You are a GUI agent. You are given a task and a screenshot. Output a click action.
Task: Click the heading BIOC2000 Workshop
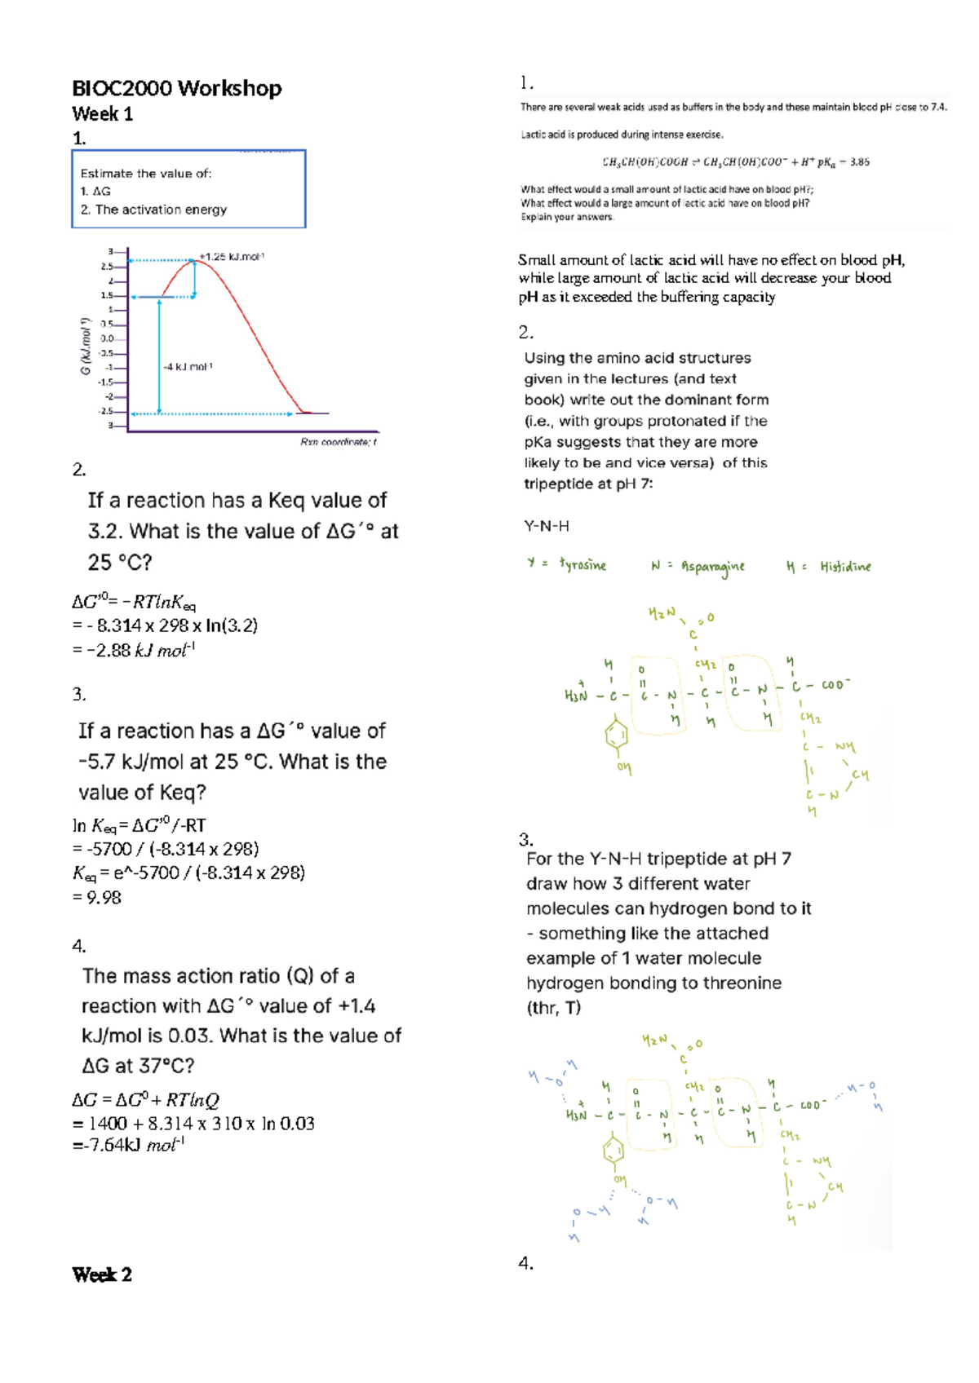pyautogui.click(x=176, y=88)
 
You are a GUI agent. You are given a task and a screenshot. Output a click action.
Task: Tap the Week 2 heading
pyautogui.click(x=101, y=1275)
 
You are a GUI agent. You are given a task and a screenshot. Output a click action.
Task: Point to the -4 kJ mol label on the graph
pyautogui.click(x=188, y=367)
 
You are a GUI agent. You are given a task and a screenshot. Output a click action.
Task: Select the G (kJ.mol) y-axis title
pyautogui.click(x=85, y=346)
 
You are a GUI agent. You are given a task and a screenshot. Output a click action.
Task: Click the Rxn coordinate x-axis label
pyautogui.click(x=338, y=442)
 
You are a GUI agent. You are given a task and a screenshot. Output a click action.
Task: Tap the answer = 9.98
pyautogui.click(x=97, y=897)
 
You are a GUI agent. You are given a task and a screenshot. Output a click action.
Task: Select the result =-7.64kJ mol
pyautogui.click(x=128, y=1145)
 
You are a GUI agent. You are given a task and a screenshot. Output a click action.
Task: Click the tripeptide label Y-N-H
pyautogui.click(x=546, y=526)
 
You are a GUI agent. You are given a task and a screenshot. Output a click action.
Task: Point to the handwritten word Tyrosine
pyautogui.click(x=583, y=565)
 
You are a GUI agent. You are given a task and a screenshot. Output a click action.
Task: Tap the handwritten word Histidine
pyautogui.click(x=845, y=566)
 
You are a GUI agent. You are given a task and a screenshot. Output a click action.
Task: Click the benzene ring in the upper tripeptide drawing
pyautogui.click(x=617, y=736)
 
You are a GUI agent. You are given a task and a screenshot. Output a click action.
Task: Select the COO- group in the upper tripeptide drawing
pyautogui.click(x=835, y=685)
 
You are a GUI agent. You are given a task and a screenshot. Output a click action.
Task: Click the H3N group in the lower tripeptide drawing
pyautogui.click(x=576, y=1115)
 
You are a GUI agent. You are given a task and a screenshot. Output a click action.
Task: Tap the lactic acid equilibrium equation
pyautogui.click(x=735, y=161)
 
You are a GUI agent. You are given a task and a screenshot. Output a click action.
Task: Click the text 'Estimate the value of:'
pyautogui.click(x=146, y=173)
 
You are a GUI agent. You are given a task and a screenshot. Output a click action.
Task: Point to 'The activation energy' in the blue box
pyautogui.click(x=161, y=210)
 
